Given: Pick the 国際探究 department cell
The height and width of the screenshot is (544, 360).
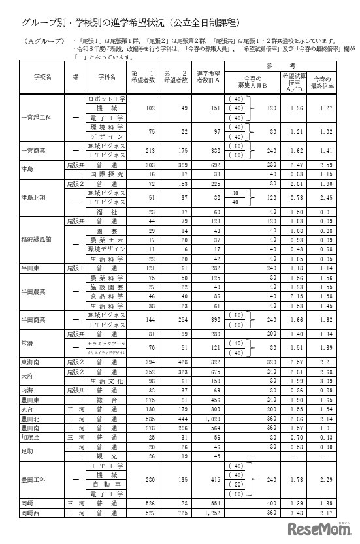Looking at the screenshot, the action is [x=106, y=175].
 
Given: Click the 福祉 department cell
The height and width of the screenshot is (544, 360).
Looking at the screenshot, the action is [x=106, y=212].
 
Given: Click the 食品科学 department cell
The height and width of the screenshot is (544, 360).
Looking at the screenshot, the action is [x=106, y=295].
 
